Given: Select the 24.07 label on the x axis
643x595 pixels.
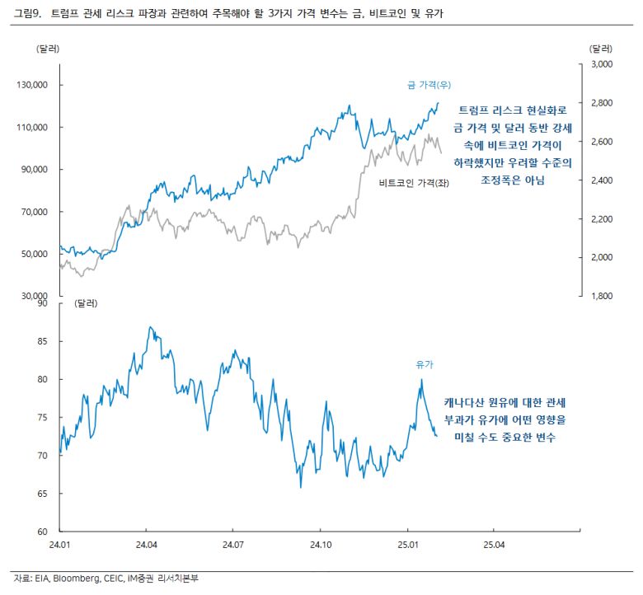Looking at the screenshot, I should click(x=233, y=545).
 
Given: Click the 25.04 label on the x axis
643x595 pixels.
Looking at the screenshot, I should click(x=494, y=545).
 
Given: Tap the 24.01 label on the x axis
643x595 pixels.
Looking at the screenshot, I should click(x=60, y=545).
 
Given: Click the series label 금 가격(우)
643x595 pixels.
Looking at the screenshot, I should click(x=429, y=85).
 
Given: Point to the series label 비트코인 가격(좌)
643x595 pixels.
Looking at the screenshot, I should click(x=415, y=183).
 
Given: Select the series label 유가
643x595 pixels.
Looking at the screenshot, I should click(x=425, y=363).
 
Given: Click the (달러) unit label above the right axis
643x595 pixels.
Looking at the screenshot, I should click(x=603, y=48).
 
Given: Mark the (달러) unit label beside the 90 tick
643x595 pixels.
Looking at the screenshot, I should click(x=86, y=303).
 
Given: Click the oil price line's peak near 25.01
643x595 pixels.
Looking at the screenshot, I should click(x=421, y=380).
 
